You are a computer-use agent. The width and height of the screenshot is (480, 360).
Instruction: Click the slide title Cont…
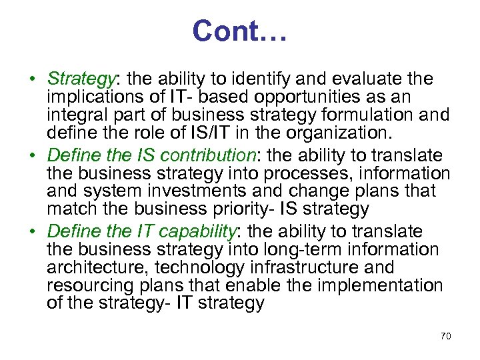(239, 31)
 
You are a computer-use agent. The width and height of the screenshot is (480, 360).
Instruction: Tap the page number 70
(445, 337)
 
